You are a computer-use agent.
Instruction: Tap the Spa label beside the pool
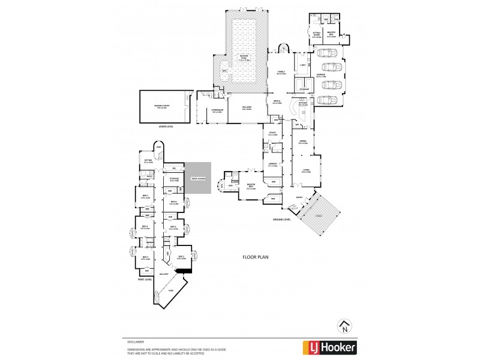tap(224, 71)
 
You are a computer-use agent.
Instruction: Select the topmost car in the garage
tap(329, 53)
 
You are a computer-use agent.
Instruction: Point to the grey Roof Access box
tap(197, 178)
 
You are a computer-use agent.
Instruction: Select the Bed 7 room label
tap(145, 196)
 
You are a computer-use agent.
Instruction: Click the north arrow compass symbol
tap(344, 326)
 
